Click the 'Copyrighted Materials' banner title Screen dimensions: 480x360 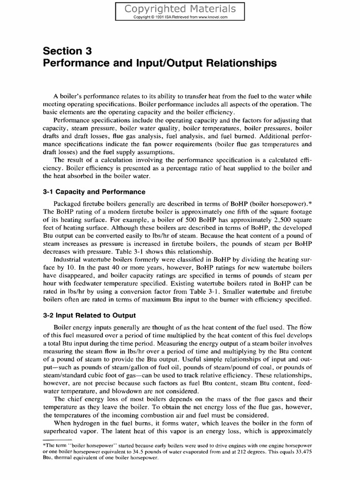click(x=180, y=9)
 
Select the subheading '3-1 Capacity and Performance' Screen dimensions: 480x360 click(x=94, y=192)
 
